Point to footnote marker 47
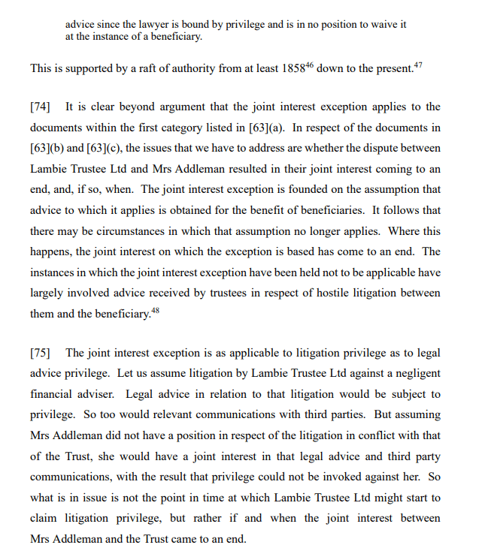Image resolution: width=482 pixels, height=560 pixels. click(x=418, y=66)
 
